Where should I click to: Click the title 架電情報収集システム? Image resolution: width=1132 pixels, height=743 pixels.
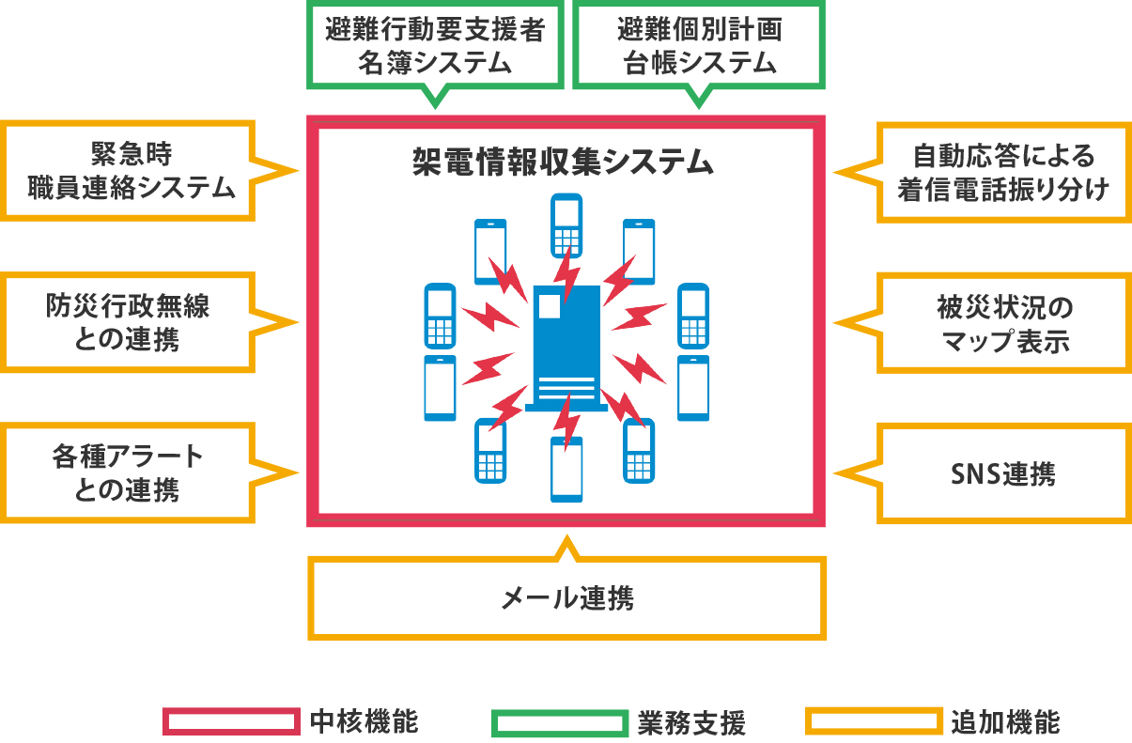point(564,162)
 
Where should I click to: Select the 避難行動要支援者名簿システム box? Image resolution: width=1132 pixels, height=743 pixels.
point(434,46)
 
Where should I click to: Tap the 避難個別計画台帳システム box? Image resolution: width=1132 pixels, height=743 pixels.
point(699,46)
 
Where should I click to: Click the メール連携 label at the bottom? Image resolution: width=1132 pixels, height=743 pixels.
point(567,598)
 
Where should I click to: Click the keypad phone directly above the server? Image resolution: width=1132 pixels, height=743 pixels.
point(566,224)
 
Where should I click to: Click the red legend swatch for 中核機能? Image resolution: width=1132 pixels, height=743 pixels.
point(231,720)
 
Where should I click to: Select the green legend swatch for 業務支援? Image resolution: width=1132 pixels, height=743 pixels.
point(558,722)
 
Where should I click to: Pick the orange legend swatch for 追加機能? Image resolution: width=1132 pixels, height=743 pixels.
point(874,720)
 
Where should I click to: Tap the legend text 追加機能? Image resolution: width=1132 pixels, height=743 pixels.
point(1005,722)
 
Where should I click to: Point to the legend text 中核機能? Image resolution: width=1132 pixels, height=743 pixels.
point(364,721)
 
